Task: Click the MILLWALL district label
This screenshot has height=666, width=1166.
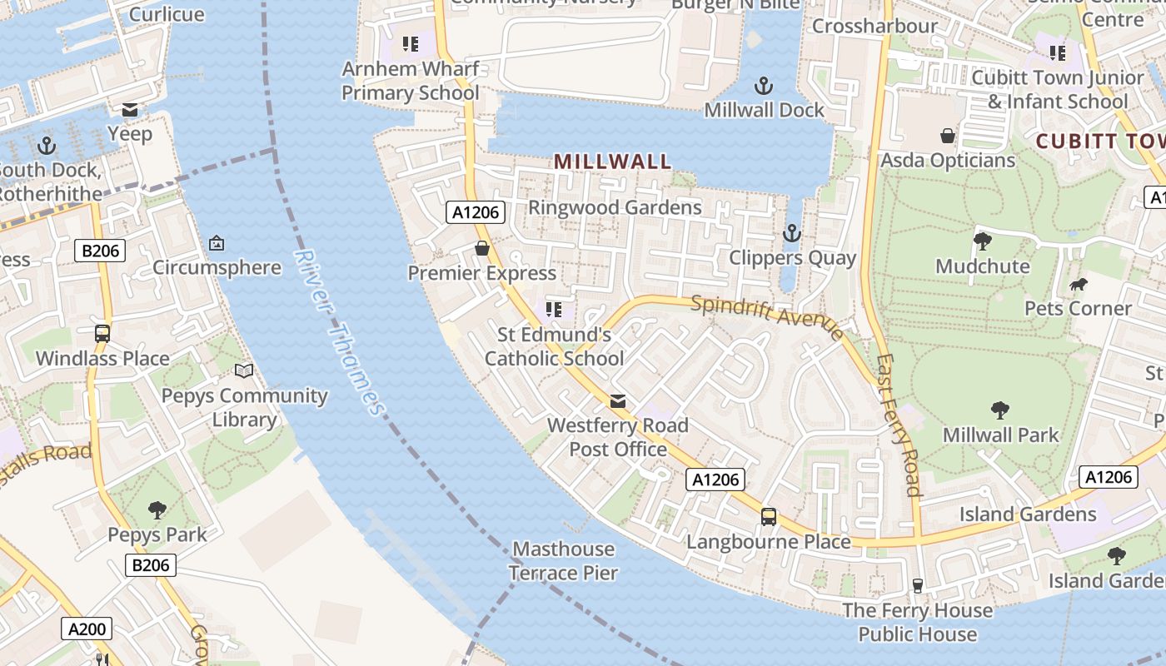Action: (x=612, y=162)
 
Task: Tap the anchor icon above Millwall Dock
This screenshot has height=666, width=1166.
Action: (x=763, y=85)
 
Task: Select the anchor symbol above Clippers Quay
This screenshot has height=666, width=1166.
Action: (x=791, y=233)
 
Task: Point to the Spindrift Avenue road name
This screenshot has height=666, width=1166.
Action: (x=767, y=317)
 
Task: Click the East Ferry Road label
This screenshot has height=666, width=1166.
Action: (x=898, y=425)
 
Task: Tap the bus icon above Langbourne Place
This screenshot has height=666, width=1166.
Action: (x=769, y=517)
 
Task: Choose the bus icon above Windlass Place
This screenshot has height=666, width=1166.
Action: (x=102, y=334)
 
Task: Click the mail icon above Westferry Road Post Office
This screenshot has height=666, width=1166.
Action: (x=618, y=401)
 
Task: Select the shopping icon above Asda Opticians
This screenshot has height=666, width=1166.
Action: (x=948, y=136)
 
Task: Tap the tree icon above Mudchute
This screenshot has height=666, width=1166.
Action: (x=983, y=241)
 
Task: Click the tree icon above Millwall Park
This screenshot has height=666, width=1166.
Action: (x=1000, y=410)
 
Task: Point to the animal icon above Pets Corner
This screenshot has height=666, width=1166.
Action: (x=1079, y=285)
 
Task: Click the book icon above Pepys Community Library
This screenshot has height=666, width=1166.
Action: (x=244, y=371)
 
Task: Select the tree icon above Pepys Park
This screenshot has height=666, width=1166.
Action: (x=157, y=509)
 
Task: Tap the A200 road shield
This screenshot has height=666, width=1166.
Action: (x=87, y=629)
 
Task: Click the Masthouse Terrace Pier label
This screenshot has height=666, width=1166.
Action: (x=563, y=561)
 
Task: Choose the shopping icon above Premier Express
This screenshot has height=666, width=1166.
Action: (x=481, y=248)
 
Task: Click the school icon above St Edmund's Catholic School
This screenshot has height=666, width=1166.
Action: (x=554, y=310)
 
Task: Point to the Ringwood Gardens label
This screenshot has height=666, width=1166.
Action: (x=615, y=207)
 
